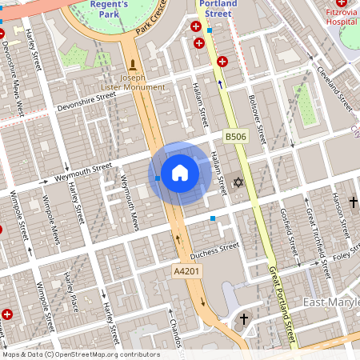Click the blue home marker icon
coord(180,173)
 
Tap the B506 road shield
coord(235,138)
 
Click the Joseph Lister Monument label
coord(133,82)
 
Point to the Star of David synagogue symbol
coord(237,183)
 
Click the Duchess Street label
coord(214,248)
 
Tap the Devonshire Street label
coord(86,102)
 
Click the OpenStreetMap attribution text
coord(80,354)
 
